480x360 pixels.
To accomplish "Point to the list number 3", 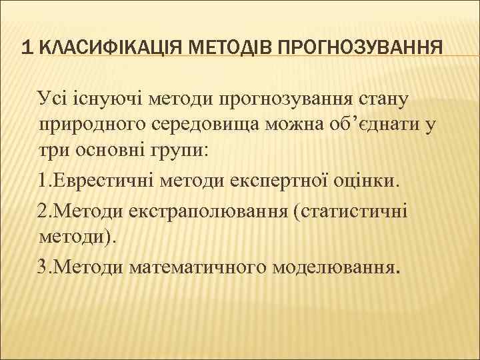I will tap(43, 267).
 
